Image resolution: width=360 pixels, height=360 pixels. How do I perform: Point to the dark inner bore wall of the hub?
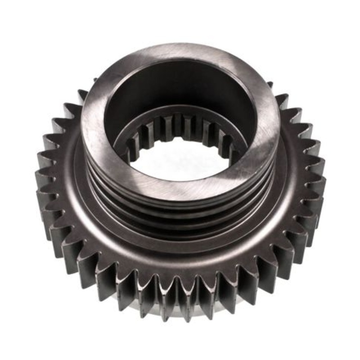[x=180, y=85]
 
